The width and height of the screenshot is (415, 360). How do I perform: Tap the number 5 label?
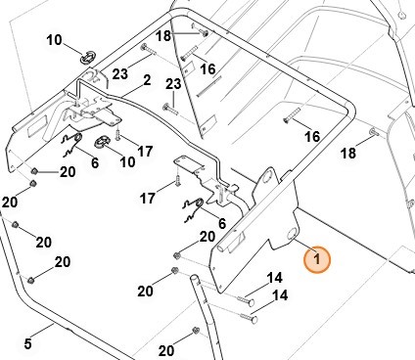[x=28, y=343]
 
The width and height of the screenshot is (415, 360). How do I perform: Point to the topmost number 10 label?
[x=54, y=40]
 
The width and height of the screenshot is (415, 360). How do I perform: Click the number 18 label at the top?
[x=163, y=35]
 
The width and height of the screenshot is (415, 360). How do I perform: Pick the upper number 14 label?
[x=275, y=278]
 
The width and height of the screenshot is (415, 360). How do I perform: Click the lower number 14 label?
[x=279, y=294]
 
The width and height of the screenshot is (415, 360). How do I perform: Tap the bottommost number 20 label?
[x=167, y=350]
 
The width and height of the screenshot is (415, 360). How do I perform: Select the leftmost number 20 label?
[x=10, y=202]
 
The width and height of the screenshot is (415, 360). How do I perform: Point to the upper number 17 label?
[x=145, y=151]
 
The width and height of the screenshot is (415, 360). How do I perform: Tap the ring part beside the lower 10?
[x=100, y=144]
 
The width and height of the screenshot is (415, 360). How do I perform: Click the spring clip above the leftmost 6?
[x=69, y=146]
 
